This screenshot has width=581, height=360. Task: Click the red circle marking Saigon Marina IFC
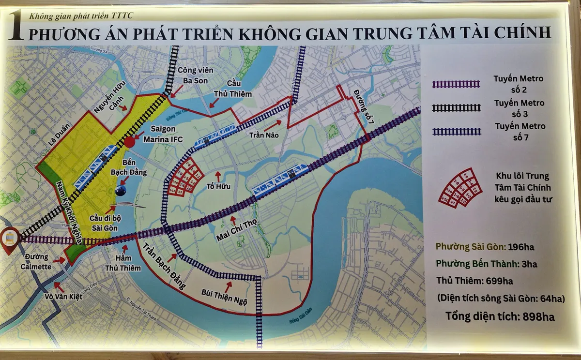pyautogui.click(x=130, y=142)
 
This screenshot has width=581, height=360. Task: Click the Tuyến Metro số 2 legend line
pyautogui.click(x=456, y=84)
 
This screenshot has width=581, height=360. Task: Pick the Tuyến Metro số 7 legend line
pyautogui.click(x=456, y=132)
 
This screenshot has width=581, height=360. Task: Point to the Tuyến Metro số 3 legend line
pyautogui.click(x=456, y=108)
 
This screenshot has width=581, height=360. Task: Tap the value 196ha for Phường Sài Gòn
pyautogui.click(x=522, y=247)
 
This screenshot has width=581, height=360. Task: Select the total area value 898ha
pyautogui.click(x=538, y=317)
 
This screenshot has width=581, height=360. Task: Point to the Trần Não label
pyautogui.click(x=264, y=135)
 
